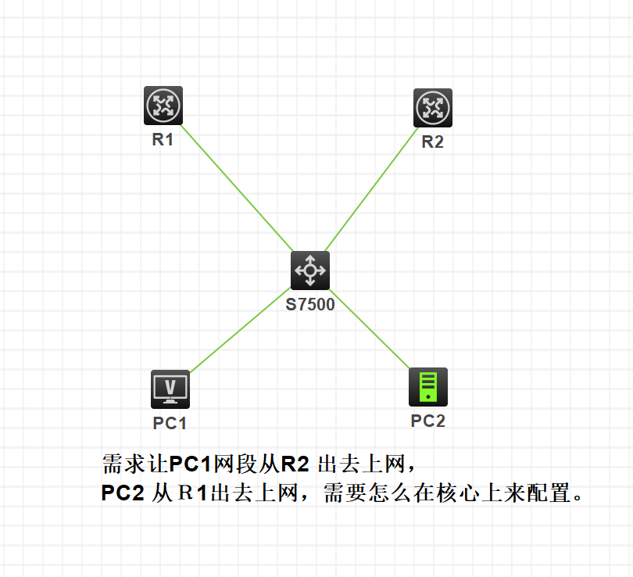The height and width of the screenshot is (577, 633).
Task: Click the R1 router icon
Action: (x=163, y=106)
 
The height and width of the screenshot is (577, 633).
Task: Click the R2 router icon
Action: (x=432, y=108)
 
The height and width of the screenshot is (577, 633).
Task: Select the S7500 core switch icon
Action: (x=310, y=271)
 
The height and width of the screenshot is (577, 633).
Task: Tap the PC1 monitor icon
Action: (x=170, y=389)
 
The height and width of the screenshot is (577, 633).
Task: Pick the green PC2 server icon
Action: (x=428, y=387)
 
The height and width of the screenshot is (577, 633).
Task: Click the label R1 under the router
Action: (x=163, y=141)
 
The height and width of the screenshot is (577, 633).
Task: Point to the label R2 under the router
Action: (x=432, y=142)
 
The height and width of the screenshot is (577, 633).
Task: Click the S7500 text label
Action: (x=310, y=305)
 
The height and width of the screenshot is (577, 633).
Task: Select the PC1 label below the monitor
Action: (x=170, y=423)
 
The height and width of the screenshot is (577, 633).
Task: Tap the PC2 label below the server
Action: (x=428, y=421)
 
